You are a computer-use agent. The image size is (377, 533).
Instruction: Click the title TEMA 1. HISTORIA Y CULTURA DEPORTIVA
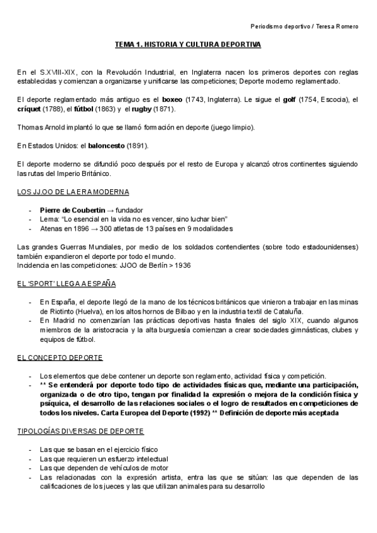point(187,45)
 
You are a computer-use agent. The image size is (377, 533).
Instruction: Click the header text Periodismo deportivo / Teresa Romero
point(304,26)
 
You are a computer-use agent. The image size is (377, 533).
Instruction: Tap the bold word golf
point(288,99)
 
